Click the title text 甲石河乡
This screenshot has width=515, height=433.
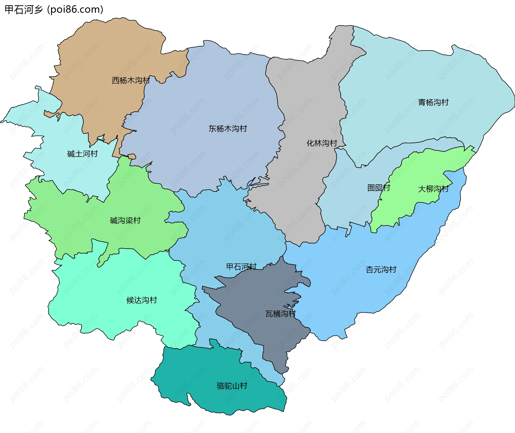[24, 10]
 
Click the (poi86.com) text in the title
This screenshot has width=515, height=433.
[75, 10]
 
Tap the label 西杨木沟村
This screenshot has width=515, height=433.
[131, 80]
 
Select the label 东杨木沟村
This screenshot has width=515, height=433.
[227, 129]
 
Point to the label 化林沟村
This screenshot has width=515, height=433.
[322, 143]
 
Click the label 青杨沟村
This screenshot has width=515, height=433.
[433, 102]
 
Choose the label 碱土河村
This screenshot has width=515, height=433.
[82, 154]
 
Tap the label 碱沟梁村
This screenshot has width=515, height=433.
[125, 221]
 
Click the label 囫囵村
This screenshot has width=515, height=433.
[378, 188]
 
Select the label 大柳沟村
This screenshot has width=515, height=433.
[433, 189]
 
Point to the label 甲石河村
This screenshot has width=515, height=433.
[241, 267]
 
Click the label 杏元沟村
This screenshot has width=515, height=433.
[381, 270]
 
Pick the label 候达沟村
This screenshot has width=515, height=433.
[142, 300]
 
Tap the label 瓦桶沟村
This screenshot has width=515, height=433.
[280, 314]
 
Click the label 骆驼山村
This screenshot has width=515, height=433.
[232, 386]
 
